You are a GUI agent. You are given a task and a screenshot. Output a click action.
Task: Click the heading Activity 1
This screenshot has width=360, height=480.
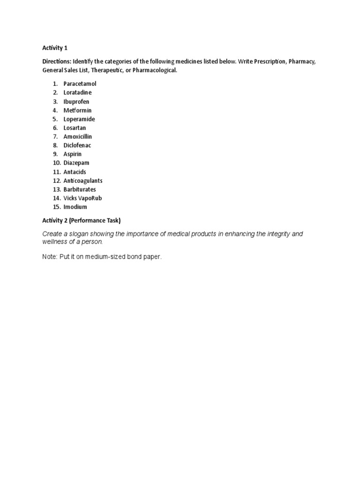click(55, 48)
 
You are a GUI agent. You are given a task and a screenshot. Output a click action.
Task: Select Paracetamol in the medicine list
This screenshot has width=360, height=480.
click(80, 83)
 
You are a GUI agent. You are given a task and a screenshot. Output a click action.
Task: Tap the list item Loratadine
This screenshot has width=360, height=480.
click(77, 92)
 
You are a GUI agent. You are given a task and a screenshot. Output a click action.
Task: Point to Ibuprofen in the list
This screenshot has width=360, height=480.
click(76, 101)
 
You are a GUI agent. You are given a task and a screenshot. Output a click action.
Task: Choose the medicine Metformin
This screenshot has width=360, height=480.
click(77, 110)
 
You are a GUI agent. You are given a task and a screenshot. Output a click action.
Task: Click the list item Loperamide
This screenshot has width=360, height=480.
click(79, 119)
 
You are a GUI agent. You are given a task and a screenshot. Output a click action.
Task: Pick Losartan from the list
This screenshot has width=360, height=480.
click(75, 127)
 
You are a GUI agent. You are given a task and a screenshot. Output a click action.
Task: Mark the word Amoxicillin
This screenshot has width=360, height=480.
click(78, 136)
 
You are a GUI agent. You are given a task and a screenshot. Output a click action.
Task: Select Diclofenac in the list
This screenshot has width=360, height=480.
click(77, 145)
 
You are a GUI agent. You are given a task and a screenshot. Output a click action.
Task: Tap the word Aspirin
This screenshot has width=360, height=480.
click(73, 154)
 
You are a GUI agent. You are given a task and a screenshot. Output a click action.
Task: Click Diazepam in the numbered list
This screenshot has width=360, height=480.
click(76, 163)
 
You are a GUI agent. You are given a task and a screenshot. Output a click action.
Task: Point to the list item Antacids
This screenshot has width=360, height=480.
click(75, 172)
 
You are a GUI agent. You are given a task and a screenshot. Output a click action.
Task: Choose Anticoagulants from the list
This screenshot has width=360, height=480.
click(83, 180)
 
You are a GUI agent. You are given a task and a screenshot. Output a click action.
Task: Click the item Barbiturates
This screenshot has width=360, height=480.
click(80, 189)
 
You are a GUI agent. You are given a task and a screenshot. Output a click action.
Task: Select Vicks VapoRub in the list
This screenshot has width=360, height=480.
click(82, 198)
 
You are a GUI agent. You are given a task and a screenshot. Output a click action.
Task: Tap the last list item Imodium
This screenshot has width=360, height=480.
click(75, 207)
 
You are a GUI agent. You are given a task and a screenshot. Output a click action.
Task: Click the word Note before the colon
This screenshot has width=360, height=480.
click(49, 257)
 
